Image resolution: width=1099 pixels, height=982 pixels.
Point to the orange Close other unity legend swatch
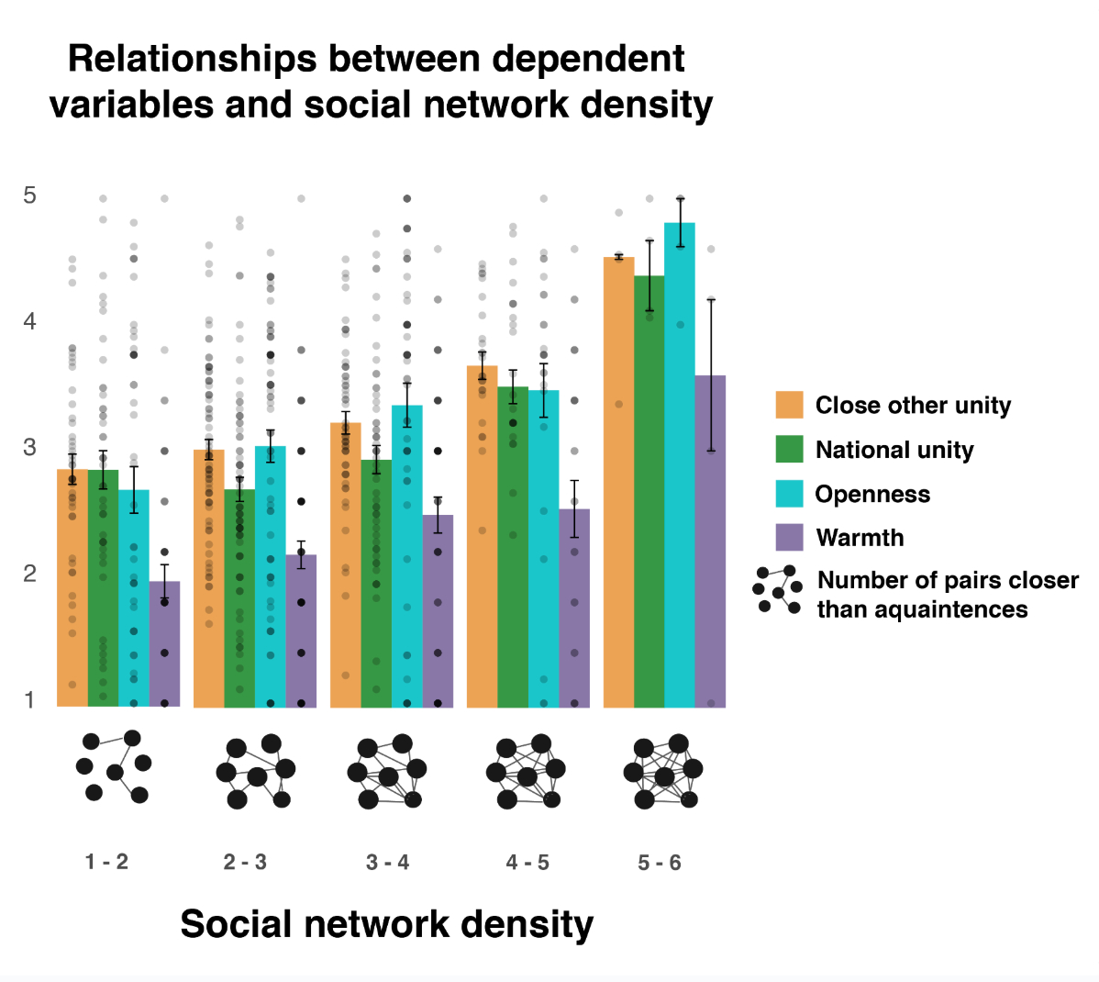point(789,405)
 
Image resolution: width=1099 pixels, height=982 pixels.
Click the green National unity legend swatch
point(789,450)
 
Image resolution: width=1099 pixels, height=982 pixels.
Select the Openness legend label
point(872,494)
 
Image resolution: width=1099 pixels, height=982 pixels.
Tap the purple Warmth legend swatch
point(789,538)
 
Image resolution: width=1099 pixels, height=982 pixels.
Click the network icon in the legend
point(778,590)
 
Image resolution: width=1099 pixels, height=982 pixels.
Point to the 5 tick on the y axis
point(30,195)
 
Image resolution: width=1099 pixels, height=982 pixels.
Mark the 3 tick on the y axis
point(30,447)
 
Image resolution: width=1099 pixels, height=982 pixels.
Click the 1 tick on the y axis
point(30,699)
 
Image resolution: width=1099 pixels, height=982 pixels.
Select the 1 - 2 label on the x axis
point(106,862)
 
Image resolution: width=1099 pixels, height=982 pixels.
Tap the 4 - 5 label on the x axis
point(527,862)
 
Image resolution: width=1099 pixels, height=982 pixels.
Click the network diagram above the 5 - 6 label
point(663,772)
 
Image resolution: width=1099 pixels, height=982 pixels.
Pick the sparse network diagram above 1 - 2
point(114,767)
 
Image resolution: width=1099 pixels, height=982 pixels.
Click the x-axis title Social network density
point(386,923)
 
